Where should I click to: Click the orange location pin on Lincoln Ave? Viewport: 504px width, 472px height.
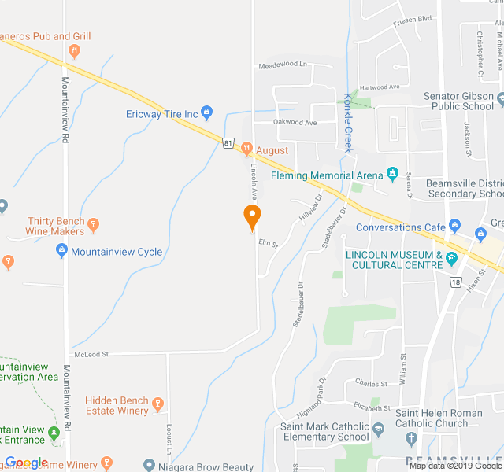tap(252, 216)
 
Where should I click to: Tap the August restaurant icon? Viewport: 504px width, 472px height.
tap(246, 149)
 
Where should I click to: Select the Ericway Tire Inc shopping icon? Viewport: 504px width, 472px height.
tap(207, 114)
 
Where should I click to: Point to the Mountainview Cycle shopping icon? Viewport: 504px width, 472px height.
tap(61, 252)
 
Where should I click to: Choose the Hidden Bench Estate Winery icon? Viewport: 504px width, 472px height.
tap(157, 405)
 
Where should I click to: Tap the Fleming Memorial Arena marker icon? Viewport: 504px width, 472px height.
tap(392, 175)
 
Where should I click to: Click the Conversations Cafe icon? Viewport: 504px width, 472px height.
tap(454, 227)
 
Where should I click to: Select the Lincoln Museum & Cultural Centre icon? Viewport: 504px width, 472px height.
tap(451, 260)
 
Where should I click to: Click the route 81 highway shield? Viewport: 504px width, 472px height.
tap(228, 143)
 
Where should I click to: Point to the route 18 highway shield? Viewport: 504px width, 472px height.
tap(455, 282)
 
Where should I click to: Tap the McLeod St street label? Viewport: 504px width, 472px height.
tap(92, 355)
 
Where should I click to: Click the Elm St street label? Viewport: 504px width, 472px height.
tap(269, 245)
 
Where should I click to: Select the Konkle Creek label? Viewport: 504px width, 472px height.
tap(347, 123)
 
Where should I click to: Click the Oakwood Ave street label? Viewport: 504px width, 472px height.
tap(295, 123)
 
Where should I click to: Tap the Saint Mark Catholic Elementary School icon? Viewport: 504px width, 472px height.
tap(379, 431)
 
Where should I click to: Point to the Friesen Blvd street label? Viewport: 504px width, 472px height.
tap(413, 17)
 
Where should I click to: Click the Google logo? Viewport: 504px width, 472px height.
tap(27, 463)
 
